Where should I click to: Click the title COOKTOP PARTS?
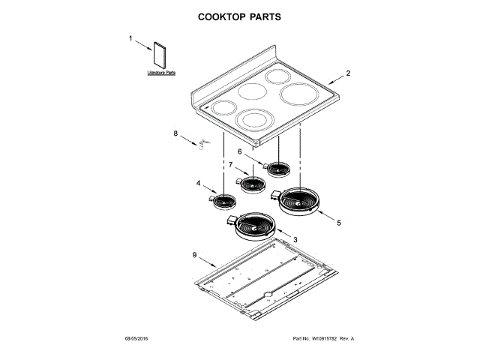pyautogui.click(x=239, y=16)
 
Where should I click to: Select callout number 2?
pyautogui.click(x=348, y=74)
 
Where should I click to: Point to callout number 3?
pyautogui.click(x=295, y=239)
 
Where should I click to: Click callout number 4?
pyautogui.click(x=199, y=183)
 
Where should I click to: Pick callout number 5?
pyautogui.click(x=338, y=223)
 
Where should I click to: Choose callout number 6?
pyautogui.click(x=239, y=151)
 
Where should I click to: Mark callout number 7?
pyautogui.click(x=230, y=163)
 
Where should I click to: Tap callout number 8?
pyautogui.click(x=176, y=134)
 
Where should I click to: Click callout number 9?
pyautogui.click(x=194, y=256)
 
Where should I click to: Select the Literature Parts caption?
pyautogui.click(x=161, y=73)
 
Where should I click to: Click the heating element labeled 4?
pyautogui.click(x=222, y=200)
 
